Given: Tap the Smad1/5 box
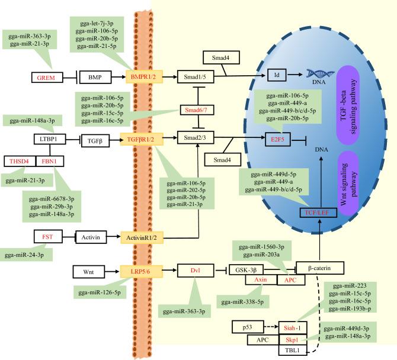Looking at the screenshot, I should [194, 76].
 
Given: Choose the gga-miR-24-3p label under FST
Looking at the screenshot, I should [27, 254].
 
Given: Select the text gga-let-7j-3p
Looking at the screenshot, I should [94, 24].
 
